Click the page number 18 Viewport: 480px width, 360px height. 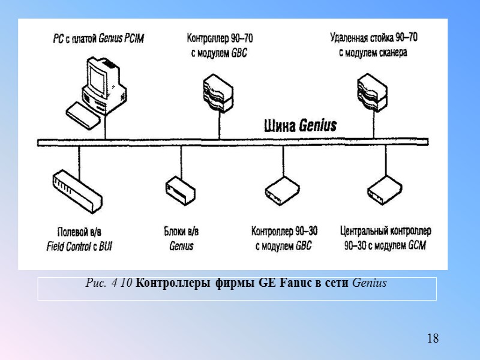click(433, 339)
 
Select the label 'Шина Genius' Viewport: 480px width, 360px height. click(301, 126)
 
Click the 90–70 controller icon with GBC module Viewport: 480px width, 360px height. click(215, 91)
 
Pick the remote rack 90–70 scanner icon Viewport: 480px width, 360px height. click(370, 92)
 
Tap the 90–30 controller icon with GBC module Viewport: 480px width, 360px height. click(282, 190)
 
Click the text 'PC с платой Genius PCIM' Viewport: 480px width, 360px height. click(98, 39)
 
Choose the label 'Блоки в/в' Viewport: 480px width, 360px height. click(181, 231)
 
